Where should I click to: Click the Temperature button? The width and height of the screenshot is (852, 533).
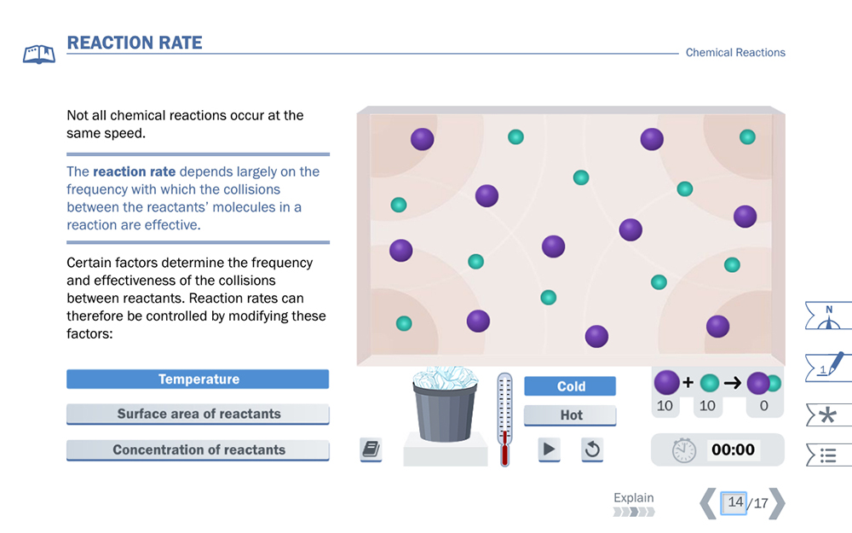(x=198, y=379)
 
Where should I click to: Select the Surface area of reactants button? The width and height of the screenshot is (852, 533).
(x=198, y=414)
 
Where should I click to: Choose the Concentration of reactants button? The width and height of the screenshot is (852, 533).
(x=198, y=450)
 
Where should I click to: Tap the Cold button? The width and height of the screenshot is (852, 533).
(x=570, y=386)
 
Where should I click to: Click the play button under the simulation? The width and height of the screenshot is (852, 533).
(x=549, y=449)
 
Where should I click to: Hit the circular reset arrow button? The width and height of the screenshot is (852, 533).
(x=592, y=449)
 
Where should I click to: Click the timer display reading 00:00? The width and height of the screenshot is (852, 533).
(x=733, y=449)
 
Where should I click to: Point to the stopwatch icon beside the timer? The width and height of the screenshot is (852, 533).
(x=683, y=450)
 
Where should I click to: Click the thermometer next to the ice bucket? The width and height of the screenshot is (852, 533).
(x=504, y=418)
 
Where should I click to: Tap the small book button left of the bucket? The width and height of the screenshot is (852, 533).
(x=371, y=449)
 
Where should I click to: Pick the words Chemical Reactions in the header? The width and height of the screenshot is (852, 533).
(x=735, y=53)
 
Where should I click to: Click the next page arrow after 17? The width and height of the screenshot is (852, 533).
(x=776, y=503)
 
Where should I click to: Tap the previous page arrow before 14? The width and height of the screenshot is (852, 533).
(x=708, y=503)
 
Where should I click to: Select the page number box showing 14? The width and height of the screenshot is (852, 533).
(x=734, y=502)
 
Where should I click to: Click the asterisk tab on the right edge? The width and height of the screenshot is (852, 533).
(x=827, y=415)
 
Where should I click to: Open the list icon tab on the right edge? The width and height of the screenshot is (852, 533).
(x=827, y=455)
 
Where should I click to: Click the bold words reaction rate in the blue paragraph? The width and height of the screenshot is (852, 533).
(x=134, y=171)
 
